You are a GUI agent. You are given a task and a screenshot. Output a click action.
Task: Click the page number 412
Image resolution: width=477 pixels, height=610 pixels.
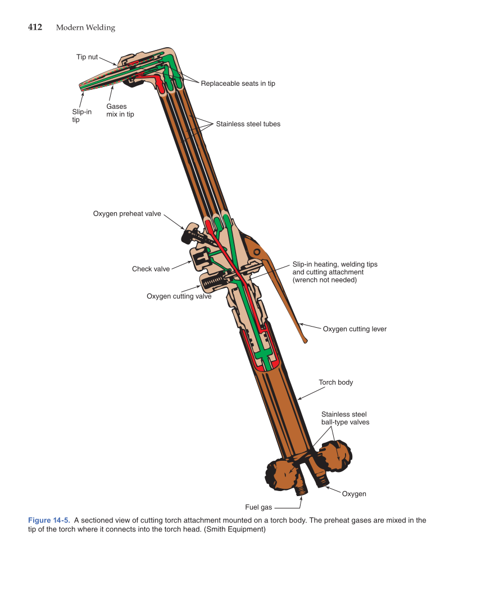[35, 27]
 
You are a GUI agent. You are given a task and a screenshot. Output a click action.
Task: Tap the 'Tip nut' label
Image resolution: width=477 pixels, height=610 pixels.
[87, 57]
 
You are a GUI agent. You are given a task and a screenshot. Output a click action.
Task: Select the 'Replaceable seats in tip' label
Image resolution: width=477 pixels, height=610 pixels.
[238, 84]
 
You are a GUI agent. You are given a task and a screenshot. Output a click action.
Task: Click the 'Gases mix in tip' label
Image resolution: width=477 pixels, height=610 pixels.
[120, 110]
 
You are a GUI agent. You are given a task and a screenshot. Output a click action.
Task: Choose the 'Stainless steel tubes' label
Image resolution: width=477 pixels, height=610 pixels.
[248, 124]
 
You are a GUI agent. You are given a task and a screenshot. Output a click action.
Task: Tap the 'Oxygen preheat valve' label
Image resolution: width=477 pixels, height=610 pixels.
[127, 214]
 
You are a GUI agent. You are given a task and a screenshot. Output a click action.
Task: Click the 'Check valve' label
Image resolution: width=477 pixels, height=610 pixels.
[151, 269]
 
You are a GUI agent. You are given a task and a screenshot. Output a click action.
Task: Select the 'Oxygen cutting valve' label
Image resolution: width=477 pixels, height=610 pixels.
[179, 296]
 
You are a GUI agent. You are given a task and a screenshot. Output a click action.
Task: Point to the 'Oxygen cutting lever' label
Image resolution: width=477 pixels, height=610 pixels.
[355, 329]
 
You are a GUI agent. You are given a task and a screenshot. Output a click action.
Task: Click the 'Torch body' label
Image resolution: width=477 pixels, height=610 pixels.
[336, 383]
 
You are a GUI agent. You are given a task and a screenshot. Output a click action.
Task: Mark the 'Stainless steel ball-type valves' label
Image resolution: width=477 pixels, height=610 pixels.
[345, 418]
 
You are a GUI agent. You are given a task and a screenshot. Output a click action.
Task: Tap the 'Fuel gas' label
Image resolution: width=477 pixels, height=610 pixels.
[258, 507]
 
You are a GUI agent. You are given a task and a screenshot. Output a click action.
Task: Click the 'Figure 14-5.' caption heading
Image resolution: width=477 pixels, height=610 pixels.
[48, 520]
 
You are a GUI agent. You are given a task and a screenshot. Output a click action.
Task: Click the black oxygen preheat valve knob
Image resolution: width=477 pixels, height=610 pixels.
[189, 233]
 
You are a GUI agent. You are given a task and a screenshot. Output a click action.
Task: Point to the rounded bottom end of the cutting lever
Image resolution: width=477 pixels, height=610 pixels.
[305, 340]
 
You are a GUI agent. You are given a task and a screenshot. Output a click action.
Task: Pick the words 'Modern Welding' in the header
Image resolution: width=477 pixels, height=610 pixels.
[85, 27]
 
